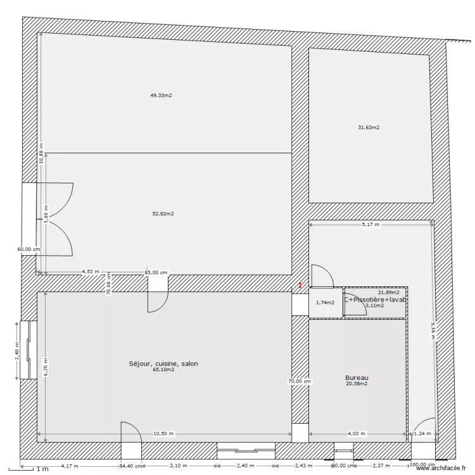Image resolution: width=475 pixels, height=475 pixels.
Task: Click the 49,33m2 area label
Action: [x=161, y=96]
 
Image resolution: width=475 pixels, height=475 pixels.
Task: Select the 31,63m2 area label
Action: [x=369, y=127]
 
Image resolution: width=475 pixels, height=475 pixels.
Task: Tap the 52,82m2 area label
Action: [x=163, y=214]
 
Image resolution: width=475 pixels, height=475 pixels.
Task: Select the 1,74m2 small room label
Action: [x=324, y=303]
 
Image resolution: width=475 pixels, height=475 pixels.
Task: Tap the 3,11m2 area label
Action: [x=374, y=305]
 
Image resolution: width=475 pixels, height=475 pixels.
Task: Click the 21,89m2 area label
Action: [x=389, y=293]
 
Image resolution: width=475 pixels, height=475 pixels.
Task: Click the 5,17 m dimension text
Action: [x=370, y=224]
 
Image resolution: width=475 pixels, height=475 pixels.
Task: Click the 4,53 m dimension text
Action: [x=91, y=272]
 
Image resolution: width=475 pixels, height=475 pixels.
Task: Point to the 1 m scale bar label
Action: [x=42, y=469]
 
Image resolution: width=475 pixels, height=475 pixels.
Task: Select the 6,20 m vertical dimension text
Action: [x=45, y=365]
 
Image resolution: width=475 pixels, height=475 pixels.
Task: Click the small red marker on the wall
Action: [x=300, y=286]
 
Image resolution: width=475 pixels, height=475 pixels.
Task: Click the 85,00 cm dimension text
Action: [x=156, y=272]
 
